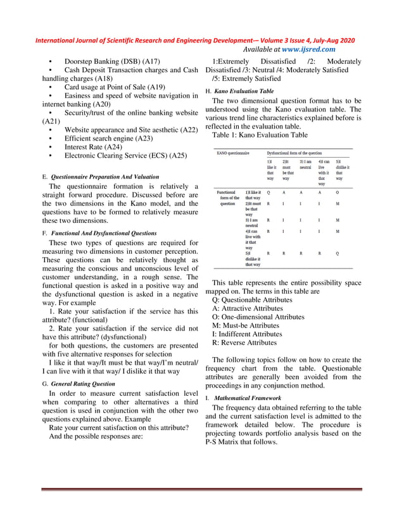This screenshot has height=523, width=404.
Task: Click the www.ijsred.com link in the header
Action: (x=308, y=49)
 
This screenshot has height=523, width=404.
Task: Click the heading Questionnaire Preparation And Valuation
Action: (x=104, y=177)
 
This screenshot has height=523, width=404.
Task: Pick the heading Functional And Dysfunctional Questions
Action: (x=103, y=233)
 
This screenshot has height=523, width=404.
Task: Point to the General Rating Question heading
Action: (x=83, y=384)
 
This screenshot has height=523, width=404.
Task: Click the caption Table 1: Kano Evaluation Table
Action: (x=260, y=135)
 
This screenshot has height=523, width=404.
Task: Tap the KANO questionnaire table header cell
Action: (x=233, y=153)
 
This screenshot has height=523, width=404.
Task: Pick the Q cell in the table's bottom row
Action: (x=337, y=253)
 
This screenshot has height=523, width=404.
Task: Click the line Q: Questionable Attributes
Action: (x=252, y=299)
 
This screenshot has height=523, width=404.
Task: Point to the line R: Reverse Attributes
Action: (x=244, y=343)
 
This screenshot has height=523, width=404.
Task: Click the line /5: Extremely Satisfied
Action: (x=246, y=79)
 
